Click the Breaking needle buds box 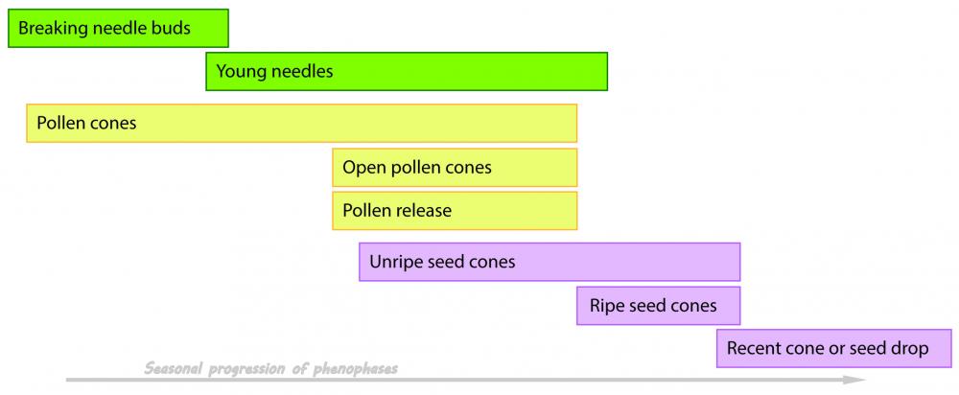point(118,28)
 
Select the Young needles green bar point(407,72)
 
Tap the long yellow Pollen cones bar point(301,123)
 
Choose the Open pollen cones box point(455,168)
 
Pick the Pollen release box point(455,211)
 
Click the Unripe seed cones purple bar point(550,262)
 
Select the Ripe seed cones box point(658,307)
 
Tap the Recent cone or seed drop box point(833,348)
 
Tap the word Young point(240,71)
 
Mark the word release point(423,211)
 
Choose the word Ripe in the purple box point(605,307)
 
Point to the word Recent point(755,348)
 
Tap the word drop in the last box point(909,348)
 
